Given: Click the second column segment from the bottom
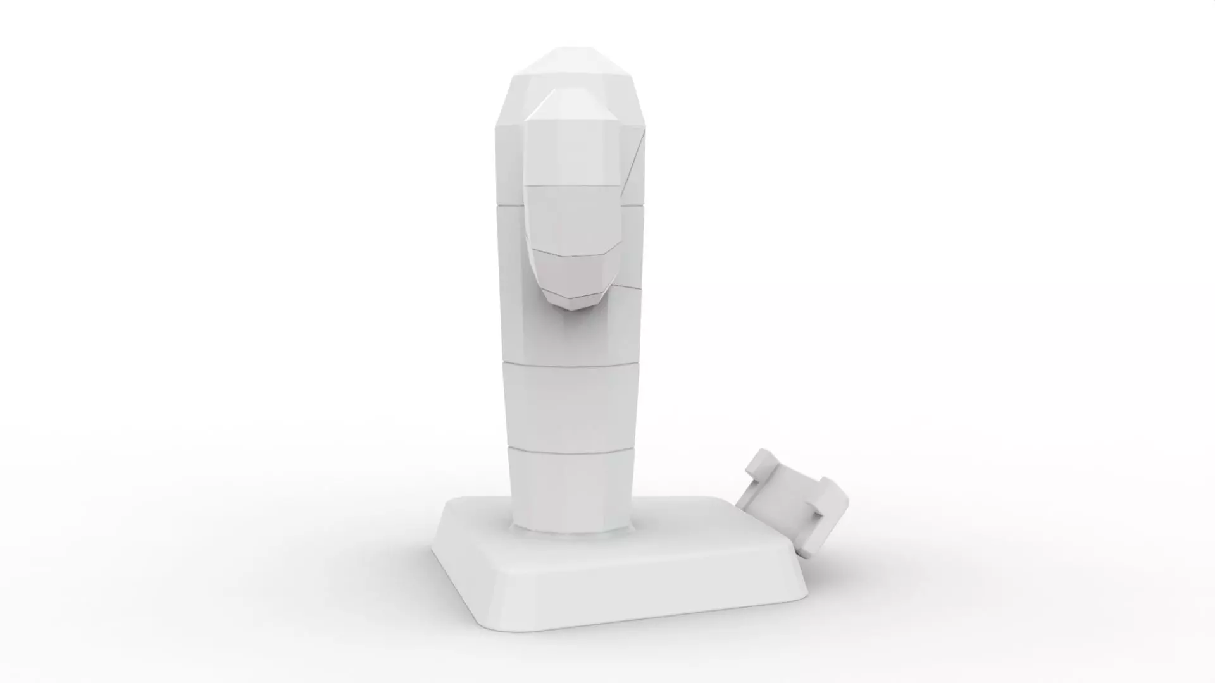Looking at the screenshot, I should click(570, 405).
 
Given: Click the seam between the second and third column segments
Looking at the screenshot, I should click(570, 362).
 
